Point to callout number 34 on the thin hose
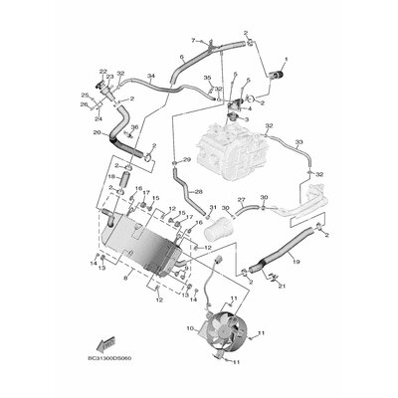point(150,77)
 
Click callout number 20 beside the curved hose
point(95,132)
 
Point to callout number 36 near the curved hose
point(133,142)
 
